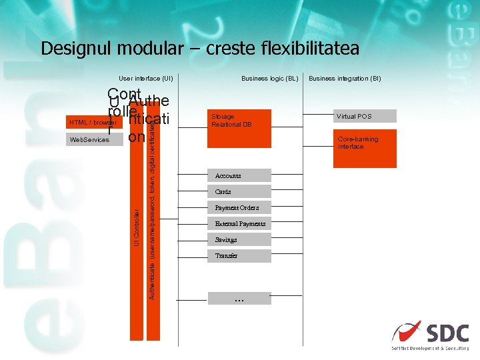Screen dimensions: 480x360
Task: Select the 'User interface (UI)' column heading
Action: (146, 79)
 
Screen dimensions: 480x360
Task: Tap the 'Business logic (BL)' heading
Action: (269, 79)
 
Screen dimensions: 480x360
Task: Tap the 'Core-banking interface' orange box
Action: (365, 148)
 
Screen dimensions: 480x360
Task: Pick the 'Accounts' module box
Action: (239, 176)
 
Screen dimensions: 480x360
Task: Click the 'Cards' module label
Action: (223, 192)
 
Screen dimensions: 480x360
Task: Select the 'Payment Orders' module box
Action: (239, 208)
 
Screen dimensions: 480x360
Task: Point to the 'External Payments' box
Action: (239, 224)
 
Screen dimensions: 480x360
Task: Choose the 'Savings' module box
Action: (239, 240)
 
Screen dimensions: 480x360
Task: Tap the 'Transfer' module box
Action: (239, 256)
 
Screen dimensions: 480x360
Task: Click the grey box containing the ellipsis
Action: (239, 299)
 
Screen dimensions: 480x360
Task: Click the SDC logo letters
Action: (447, 332)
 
